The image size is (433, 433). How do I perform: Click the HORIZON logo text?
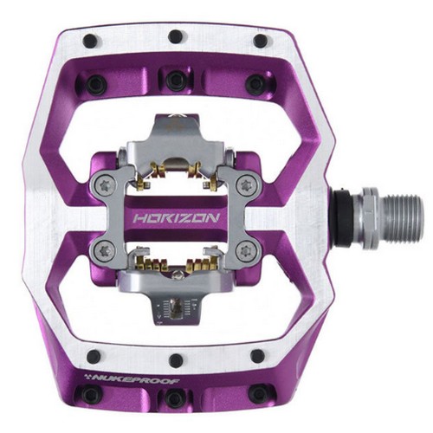point(176,218)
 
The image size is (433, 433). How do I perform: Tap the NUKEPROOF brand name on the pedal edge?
point(132,379)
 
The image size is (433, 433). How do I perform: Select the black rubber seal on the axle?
point(342,218)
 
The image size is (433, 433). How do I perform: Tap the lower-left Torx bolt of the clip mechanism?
point(105,250)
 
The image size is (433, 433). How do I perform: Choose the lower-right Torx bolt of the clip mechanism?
point(246,250)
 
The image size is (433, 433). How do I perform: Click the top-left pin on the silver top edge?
point(90,41)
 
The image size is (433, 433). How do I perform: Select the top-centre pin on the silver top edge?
point(176,36)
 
